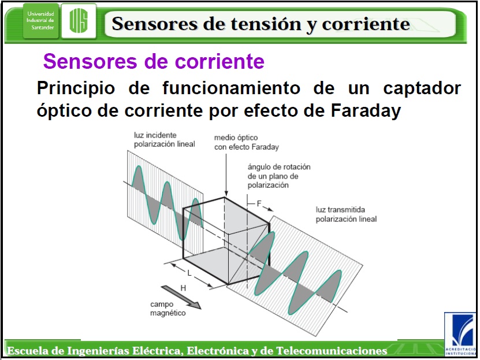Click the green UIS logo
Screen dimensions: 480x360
pyautogui.click(x=79, y=21)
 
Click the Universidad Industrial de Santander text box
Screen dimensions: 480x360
pyautogui.click(x=40, y=21)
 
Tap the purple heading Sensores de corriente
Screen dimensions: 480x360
pyautogui.click(x=154, y=61)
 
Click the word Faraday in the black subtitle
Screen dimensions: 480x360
pyautogui.click(x=366, y=110)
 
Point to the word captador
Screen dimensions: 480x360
pyautogui.click(x=422, y=88)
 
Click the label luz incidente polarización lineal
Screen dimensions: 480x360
pyautogui.click(x=165, y=140)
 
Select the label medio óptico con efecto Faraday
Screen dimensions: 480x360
pyautogui.click(x=247, y=142)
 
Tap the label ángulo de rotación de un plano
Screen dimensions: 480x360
pyautogui.click(x=279, y=176)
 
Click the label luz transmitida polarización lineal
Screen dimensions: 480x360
pyautogui.click(x=346, y=214)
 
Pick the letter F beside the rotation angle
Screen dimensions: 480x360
pyautogui.click(x=259, y=203)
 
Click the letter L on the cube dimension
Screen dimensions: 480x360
pyautogui.click(x=189, y=273)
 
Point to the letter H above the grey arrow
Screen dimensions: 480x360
pyautogui.click(x=183, y=288)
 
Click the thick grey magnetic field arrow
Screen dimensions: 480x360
pyautogui.click(x=181, y=297)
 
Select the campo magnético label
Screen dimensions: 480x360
pyautogui.click(x=168, y=309)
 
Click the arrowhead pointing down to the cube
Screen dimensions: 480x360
pyautogui.click(x=226, y=193)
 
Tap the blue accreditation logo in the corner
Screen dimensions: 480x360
pyautogui.click(x=461, y=334)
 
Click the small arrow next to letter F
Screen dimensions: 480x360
pyautogui.click(x=268, y=209)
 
